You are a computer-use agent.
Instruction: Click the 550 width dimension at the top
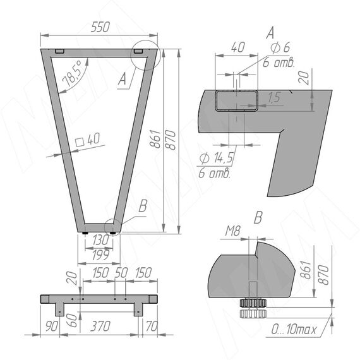(100, 27)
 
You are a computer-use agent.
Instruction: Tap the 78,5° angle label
(72, 73)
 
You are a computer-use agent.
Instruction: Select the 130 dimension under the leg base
(100, 240)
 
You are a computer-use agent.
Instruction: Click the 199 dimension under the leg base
(100, 255)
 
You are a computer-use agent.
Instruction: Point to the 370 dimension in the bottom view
(100, 326)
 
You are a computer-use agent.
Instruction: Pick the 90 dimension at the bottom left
(51, 326)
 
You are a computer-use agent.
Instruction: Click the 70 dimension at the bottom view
(152, 326)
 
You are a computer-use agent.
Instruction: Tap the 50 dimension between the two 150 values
(121, 273)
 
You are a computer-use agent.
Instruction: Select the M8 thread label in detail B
(232, 231)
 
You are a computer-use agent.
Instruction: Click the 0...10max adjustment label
(294, 329)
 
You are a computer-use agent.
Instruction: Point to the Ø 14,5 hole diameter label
(216, 157)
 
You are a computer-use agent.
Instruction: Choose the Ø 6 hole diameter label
(280, 47)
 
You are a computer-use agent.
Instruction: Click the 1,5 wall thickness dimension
(274, 97)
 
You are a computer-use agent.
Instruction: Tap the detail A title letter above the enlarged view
(270, 33)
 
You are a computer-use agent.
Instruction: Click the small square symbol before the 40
(80, 142)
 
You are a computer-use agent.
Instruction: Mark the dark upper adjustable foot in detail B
(253, 303)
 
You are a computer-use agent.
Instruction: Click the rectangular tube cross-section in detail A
(236, 100)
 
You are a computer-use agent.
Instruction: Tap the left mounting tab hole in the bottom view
(60, 312)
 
